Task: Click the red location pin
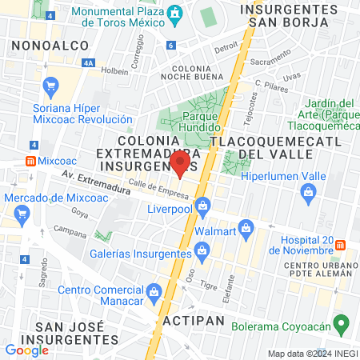pyautogui.click(x=180, y=164)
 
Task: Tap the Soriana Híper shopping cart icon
pyautogui.click(x=52, y=85)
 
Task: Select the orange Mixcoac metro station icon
pyautogui.click(x=30, y=160)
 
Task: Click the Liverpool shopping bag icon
pyautogui.click(x=203, y=207)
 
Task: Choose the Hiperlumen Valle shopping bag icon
pyautogui.click(x=308, y=192)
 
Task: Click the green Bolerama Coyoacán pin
pyautogui.click(x=342, y=326)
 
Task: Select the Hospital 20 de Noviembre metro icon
pyautogui.click(x=340, y=245)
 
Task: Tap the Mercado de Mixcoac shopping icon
pyautogui.click(x=22, y=214)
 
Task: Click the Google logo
pyautogui.click(x=26, y=350)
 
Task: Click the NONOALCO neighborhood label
pyautogui.click(x=50, y=46)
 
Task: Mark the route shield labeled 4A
pyautogui.click(x=88, y=62)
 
